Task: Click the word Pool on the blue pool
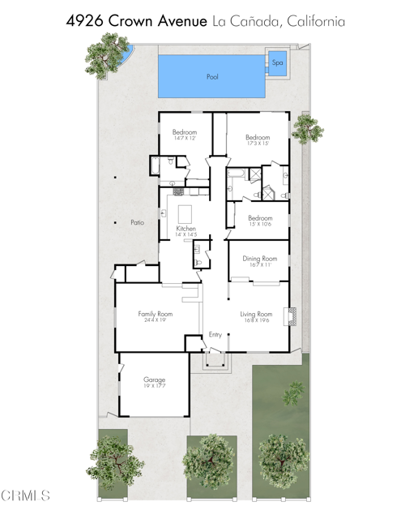point(212,77)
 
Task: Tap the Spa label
point(277,62)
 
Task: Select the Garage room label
point(155,380)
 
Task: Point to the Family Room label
point(156,313)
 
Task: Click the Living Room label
point(259,313)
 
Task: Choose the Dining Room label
point(259,258)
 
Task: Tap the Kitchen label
point(186,229)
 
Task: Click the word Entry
point(215,334)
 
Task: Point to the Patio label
point(137,221)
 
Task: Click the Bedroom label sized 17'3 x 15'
point(258,138)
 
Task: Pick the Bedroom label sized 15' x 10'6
point(260,217)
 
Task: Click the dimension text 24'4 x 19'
point(156,320)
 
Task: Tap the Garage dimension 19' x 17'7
point(155,387)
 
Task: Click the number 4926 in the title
point(89,21)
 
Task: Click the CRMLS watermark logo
point(26,495)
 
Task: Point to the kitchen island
point(186,214)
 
